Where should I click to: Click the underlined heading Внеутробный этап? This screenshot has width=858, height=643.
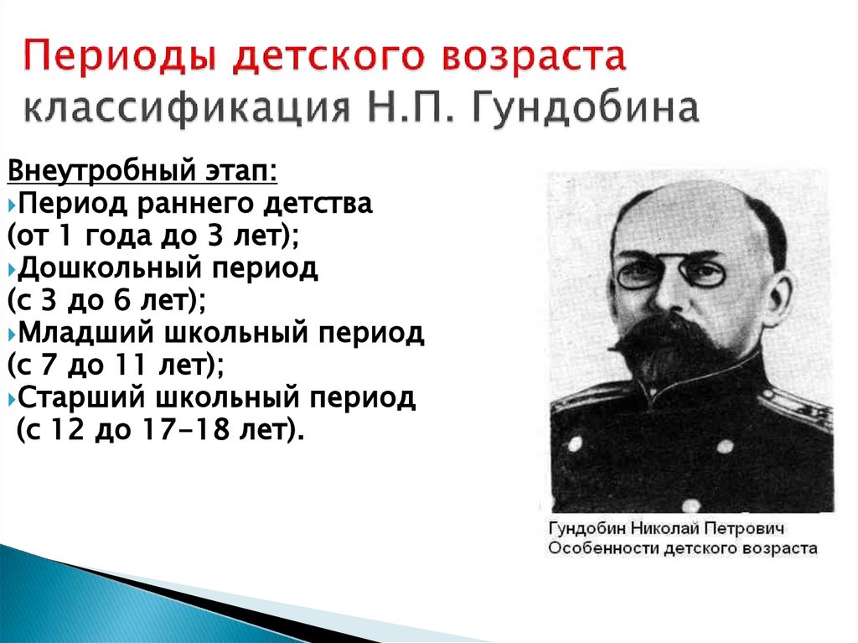[142, 173]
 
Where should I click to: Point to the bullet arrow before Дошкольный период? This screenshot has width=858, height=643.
[12, 271]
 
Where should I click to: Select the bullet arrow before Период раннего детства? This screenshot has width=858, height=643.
[12, 205]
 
